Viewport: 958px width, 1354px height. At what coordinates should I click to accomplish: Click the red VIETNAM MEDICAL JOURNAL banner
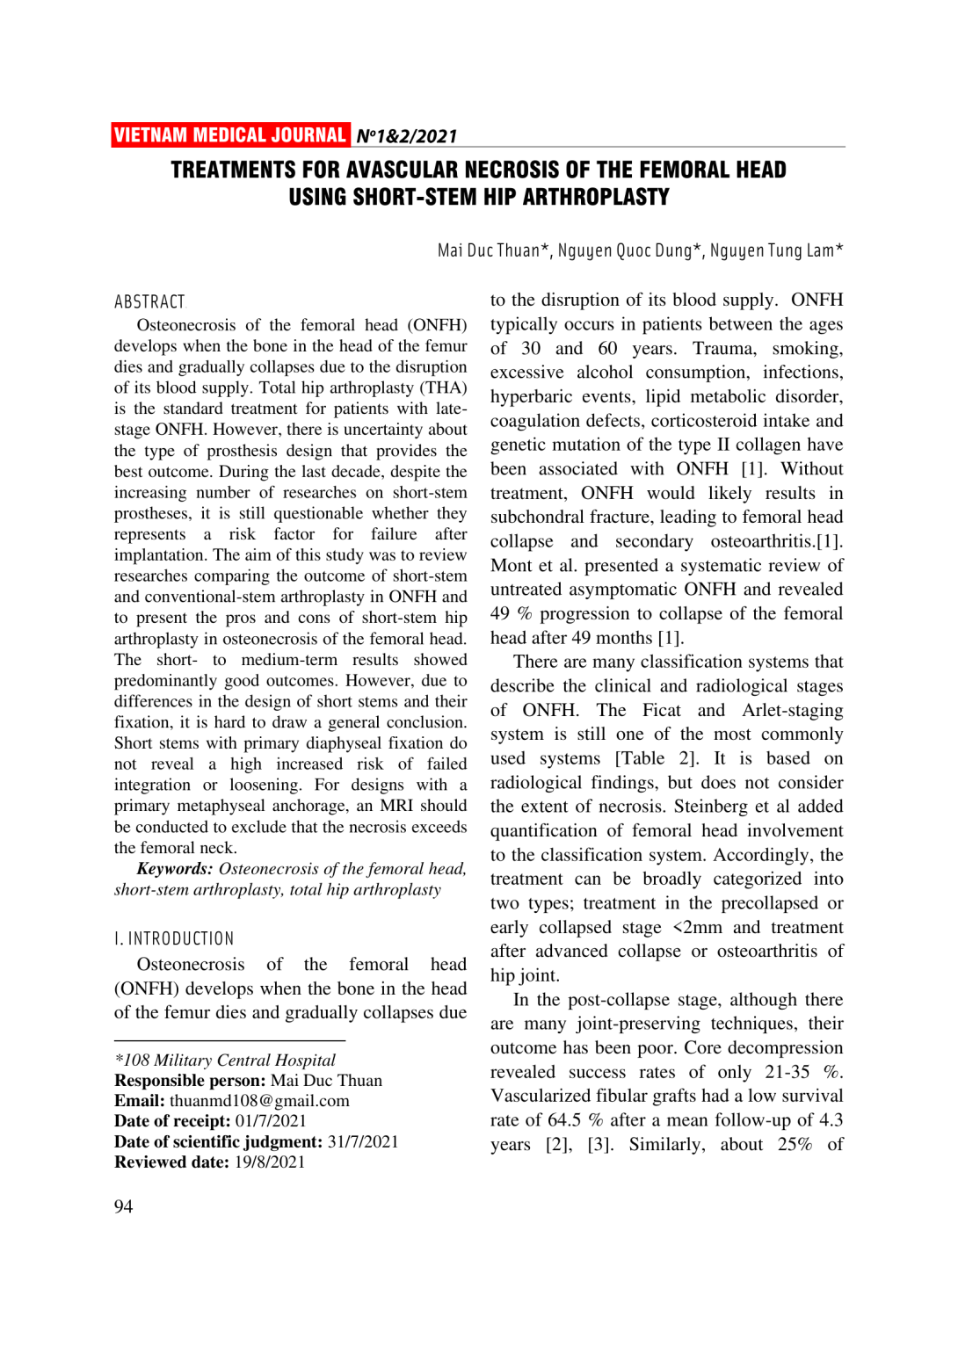[230, 135]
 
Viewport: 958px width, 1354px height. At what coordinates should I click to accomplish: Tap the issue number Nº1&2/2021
[406, 136]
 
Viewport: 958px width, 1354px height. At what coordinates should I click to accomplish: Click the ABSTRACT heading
[149, 302]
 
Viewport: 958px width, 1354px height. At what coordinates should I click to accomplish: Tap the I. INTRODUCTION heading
[174, 938]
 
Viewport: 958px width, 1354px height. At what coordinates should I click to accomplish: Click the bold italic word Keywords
[174, 869]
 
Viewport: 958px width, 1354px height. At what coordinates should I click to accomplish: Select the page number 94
[123, 1206]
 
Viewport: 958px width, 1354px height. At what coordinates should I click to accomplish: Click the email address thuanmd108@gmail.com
[259, 1101]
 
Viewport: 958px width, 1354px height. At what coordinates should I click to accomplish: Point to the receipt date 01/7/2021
[271, 1121]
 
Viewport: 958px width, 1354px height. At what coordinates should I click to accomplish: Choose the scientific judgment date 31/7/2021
[363, 1141]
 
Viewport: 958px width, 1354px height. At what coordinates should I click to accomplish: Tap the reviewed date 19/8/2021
[270, 1162]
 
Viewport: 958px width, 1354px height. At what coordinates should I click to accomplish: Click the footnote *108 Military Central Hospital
[225, 1061]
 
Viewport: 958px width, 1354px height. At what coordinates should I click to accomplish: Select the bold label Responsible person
[190, 1081]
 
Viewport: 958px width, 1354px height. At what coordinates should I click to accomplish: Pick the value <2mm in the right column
[697, 927]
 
